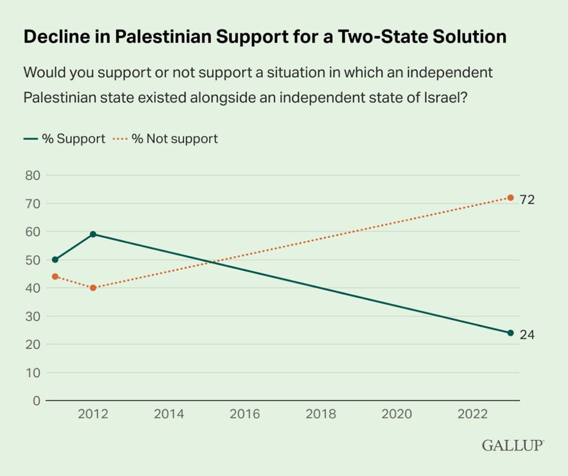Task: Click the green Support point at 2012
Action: pyautogui.click(x=93, y=234)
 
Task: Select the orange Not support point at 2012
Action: pyautogui.click(x=93, y=288)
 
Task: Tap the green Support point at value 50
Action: pyautogui.click(x=55, y=260)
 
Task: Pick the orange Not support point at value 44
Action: pyautogui.click(x=55, y=276)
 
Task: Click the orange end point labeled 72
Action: pyautogui.click(x=510, y=198)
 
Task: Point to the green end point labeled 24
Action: pyautogui.click(x=510, y=333)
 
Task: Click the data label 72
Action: pyautogui.click(x=527, y=200)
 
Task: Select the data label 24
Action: pyautogui.click(x=527, y=335)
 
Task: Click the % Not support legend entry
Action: pyautogui.click(x=166, y=139)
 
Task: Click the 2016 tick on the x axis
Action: pyautogui.click(x=245, y=414)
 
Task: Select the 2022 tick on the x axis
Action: pyautogui.click(x=473, y=414)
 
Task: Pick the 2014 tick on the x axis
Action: pyautogui.click(x=169, y=414)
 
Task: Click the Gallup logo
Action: pyautogui.click(x=513, y=445)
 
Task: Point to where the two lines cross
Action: pyautogui.click(x=211, y=262)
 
